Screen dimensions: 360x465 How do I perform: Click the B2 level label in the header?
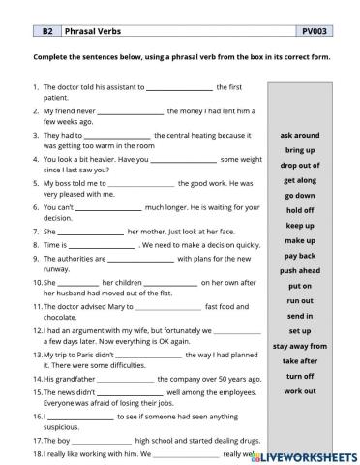click(x=46, y=32)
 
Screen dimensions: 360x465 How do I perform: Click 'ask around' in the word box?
click(x=300, y=136)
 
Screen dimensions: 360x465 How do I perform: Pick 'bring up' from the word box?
click(x=300, y=151)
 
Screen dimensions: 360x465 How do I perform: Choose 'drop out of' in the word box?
click(x=300, y=166)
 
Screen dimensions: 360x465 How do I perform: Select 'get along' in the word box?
click(x=300, y=180)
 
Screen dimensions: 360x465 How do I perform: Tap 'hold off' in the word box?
click(x=300, y=210)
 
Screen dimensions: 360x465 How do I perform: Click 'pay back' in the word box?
click(x=300, y=255)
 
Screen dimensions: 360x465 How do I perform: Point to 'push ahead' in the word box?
click(x=300, y=270)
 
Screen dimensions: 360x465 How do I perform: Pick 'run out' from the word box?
click(x=300, y=300)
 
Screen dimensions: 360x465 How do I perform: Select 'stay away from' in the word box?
click(x=300, y=345)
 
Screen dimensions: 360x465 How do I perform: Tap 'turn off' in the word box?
click(x=300, y=375)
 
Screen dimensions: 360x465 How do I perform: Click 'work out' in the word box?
click(x=300, y=390)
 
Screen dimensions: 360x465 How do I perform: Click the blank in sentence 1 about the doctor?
click(x=171, y=88)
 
